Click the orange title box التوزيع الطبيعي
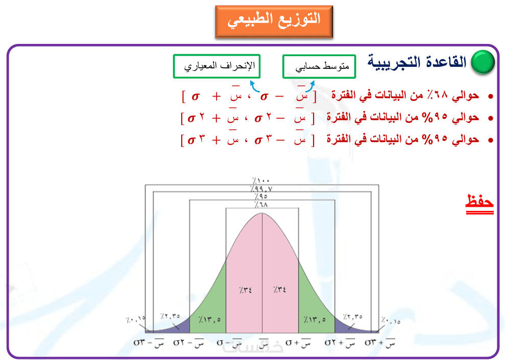point(274,21)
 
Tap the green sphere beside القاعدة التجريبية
point(483,62)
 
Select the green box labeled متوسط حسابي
point(319,66)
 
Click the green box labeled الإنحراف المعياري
point(216,66)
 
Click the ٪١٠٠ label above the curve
point(261,180)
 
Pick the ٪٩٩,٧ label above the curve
point(261,188)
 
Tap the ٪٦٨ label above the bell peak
point(261,204)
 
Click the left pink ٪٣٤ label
point(246,290)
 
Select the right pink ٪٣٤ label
point(279,290)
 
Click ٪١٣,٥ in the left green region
point(209,320)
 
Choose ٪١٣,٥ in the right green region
point(315,320)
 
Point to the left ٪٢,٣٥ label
point(170,316)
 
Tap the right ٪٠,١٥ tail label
point(391,321)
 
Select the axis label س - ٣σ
point(149,342)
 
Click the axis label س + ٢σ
point(340,342)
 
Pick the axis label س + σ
point(298,342)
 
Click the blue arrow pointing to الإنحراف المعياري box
point(254,86)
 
